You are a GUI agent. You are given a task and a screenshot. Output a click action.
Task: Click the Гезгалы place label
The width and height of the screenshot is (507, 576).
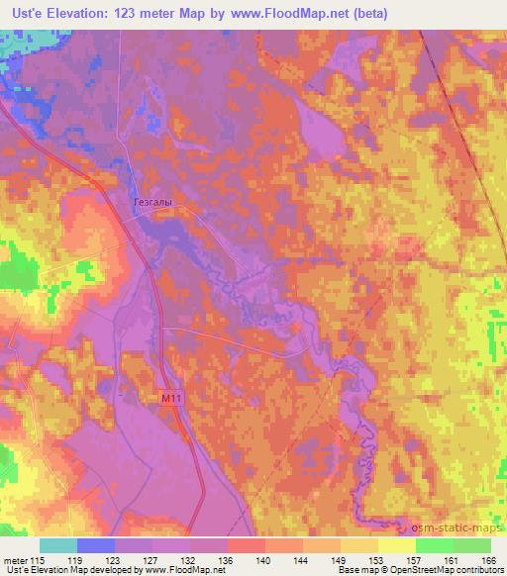(x=152, y=202)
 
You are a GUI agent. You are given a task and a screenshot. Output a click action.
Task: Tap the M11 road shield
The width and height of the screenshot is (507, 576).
(x=172, y=398)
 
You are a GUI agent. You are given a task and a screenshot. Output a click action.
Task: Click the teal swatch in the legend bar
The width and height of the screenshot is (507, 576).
(x=57, y=545)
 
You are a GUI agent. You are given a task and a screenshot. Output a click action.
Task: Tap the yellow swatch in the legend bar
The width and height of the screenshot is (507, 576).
(x=396, y=545)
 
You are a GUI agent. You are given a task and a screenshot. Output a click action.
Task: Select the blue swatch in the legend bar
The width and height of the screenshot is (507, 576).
(x=95, y=545)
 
